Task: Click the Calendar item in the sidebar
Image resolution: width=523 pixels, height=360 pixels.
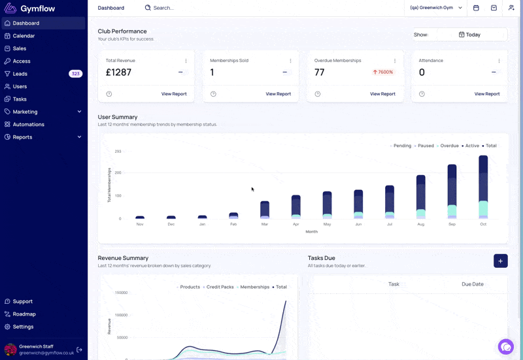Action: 24,36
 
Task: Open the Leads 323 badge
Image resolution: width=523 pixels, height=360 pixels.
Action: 75,74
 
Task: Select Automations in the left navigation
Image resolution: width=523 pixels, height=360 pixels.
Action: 28,124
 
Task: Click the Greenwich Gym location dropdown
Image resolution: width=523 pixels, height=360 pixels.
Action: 436,8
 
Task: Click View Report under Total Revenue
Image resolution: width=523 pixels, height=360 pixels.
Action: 174,94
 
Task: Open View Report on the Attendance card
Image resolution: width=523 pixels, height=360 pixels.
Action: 487,94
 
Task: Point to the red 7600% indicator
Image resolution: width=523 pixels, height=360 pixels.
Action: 383,72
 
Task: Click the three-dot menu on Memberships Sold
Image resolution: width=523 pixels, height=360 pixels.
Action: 290,61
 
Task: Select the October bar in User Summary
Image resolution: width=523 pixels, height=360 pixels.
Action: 483,187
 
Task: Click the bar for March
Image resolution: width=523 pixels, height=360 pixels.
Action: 265,210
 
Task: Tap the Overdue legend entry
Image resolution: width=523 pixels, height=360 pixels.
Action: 448,146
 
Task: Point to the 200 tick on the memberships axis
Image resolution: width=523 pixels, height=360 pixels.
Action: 118,172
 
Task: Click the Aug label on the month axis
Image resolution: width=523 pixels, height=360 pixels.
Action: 420,224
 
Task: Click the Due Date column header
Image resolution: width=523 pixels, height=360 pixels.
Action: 472,284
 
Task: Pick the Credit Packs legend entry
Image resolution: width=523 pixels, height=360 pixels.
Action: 218,287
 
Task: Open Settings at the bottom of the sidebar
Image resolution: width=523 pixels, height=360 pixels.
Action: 23,327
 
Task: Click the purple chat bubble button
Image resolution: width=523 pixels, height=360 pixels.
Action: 505,347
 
